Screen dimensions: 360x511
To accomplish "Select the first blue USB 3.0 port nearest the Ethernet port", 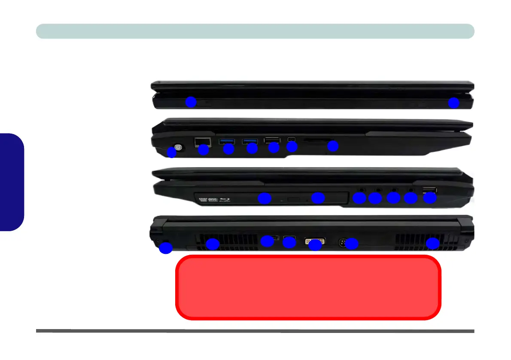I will [226, 140].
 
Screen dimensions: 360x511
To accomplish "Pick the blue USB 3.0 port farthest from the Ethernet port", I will [250, 140].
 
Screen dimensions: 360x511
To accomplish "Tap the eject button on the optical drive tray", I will [294, 199].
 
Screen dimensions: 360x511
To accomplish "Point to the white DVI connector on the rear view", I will [315, 241].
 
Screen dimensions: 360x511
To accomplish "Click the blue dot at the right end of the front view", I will [454, 103].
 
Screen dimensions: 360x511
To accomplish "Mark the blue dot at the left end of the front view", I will [191, 102].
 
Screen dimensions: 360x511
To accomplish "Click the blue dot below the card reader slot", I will [333, 146].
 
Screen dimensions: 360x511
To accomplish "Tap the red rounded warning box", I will [308, 287].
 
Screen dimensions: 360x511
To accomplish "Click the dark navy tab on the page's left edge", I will [12, 182].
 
